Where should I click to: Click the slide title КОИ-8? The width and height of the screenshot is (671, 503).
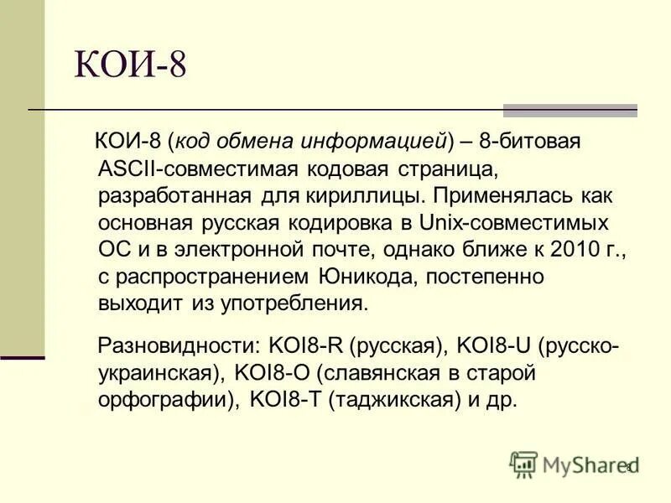pyautogui.click(x=130, y=65)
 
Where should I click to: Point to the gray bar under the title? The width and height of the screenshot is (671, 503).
pyautogui.click(x=570, y=110)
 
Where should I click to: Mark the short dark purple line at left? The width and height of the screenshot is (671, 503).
pyautogui.click(x=23, y=358)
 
